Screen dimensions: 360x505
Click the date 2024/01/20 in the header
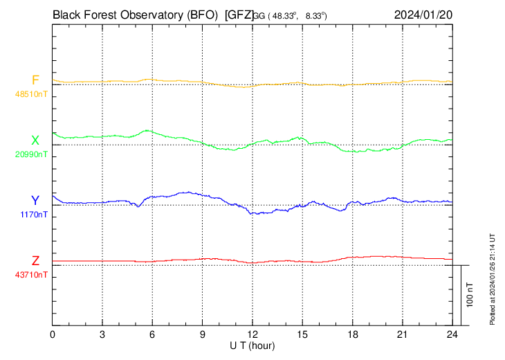[x=422, y=14]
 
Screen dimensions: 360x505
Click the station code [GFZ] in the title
[x=239, y=14]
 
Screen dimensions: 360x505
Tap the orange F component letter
[x=35, y=80]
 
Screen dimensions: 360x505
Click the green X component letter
[x=35, y=141]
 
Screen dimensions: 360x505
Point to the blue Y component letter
[x=35, y=200]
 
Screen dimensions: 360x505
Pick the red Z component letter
[x=35, y=260]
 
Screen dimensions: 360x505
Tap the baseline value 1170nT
[x=31, y=215]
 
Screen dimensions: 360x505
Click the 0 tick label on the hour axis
[x=53, y=334]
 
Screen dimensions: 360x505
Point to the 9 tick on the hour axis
[x=203, y=334]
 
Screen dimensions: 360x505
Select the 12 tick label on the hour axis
[x=252, y=334]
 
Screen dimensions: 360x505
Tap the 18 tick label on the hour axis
[x=352, y=334]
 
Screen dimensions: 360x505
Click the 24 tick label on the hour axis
[x=452, y=334]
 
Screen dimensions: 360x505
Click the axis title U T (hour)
[x=253, y=345]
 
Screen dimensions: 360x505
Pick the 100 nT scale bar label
[x=470, y=294]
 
